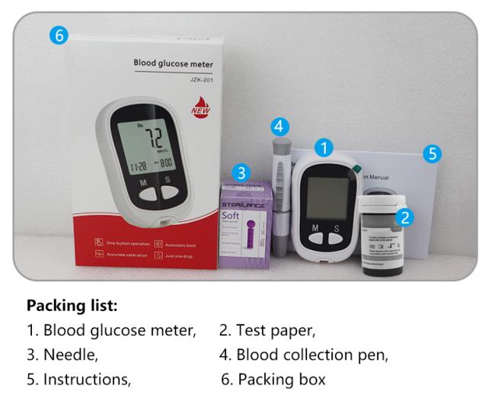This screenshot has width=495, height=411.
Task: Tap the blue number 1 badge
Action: (325, 148)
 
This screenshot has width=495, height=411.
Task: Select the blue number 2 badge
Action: (406, 217)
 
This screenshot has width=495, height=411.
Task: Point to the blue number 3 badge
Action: (280, 126)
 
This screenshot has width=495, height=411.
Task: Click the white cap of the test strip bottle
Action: (380, 207)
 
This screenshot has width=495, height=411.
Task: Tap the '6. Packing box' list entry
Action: (273, 378)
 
